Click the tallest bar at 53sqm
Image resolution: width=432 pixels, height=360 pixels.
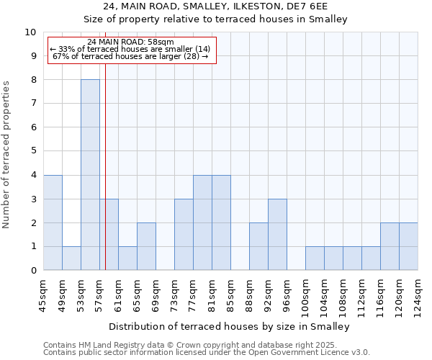[x=90, y=175]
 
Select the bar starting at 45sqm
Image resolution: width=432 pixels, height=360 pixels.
[x=53, y=222]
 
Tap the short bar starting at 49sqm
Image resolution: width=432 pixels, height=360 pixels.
[x=71, y=258]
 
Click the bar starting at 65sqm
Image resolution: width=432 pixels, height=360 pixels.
[x=146, y=246]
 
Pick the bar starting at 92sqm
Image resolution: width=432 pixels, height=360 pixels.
[x=277, y=235]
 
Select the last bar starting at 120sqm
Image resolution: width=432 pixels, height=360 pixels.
[x=408, y=246]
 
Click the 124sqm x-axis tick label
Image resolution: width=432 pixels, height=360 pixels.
[x=418, y=295]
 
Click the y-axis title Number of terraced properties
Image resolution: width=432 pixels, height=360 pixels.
[x=6, y=154]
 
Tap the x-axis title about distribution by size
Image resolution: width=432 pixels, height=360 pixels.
[x=230, y=326]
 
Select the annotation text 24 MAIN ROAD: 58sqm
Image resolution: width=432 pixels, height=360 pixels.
[x=130, y=42]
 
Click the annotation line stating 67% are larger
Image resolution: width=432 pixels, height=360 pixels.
[x=130, y=56]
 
